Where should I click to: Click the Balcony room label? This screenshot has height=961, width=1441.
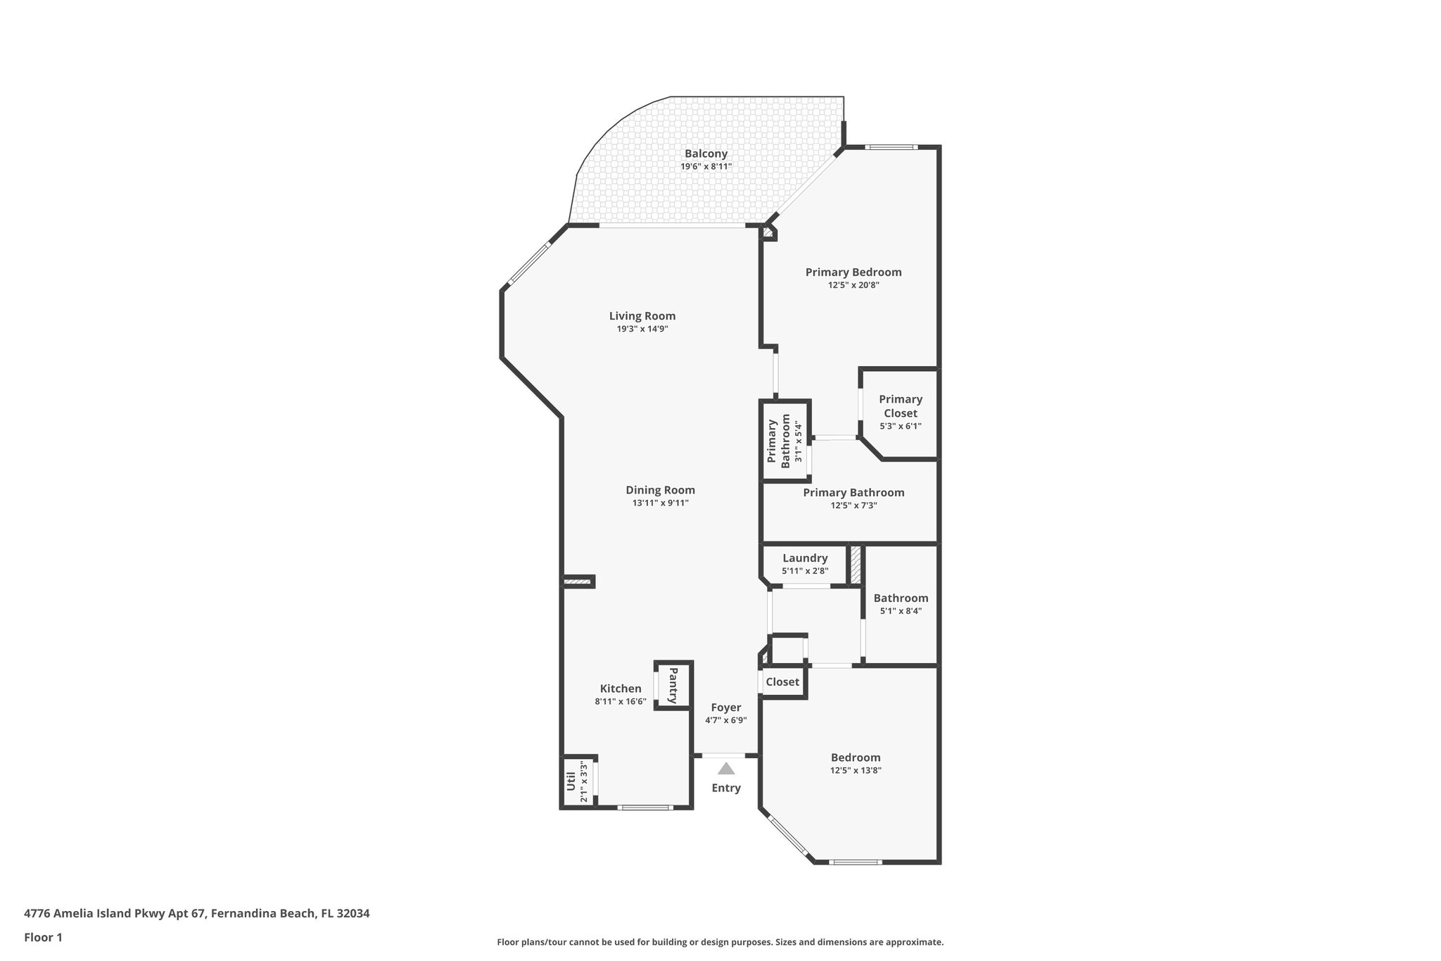click(706, 153)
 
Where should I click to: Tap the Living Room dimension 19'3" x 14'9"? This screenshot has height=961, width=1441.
click(642, 329)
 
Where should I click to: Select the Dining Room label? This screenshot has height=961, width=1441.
click(660, 490)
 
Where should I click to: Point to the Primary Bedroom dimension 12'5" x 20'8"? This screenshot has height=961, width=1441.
click(853, 285)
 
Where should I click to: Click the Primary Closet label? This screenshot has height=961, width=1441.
click(900, 406)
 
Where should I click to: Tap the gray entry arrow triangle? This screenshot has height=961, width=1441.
click(726, 769)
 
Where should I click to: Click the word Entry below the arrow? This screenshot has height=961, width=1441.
click(726, 788)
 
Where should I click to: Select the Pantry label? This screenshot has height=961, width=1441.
click(673, 685)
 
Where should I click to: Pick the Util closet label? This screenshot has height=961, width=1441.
click(571, 781)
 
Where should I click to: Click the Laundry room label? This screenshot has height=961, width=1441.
click(805, 558)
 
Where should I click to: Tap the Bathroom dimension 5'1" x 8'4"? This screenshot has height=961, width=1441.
click(901, 611)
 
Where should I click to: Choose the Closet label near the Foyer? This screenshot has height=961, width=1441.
click(782, 682)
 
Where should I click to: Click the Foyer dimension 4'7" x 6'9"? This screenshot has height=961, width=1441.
click(725, 720)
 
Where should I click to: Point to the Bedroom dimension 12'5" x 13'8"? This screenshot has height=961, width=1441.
click(855, 770)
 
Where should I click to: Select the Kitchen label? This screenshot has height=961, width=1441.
click(621, 689)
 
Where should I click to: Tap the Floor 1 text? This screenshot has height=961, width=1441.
click(43, 937)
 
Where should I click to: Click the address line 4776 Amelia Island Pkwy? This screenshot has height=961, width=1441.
click(196, 913)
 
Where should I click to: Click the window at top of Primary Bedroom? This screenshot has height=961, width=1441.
click(891, 147)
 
